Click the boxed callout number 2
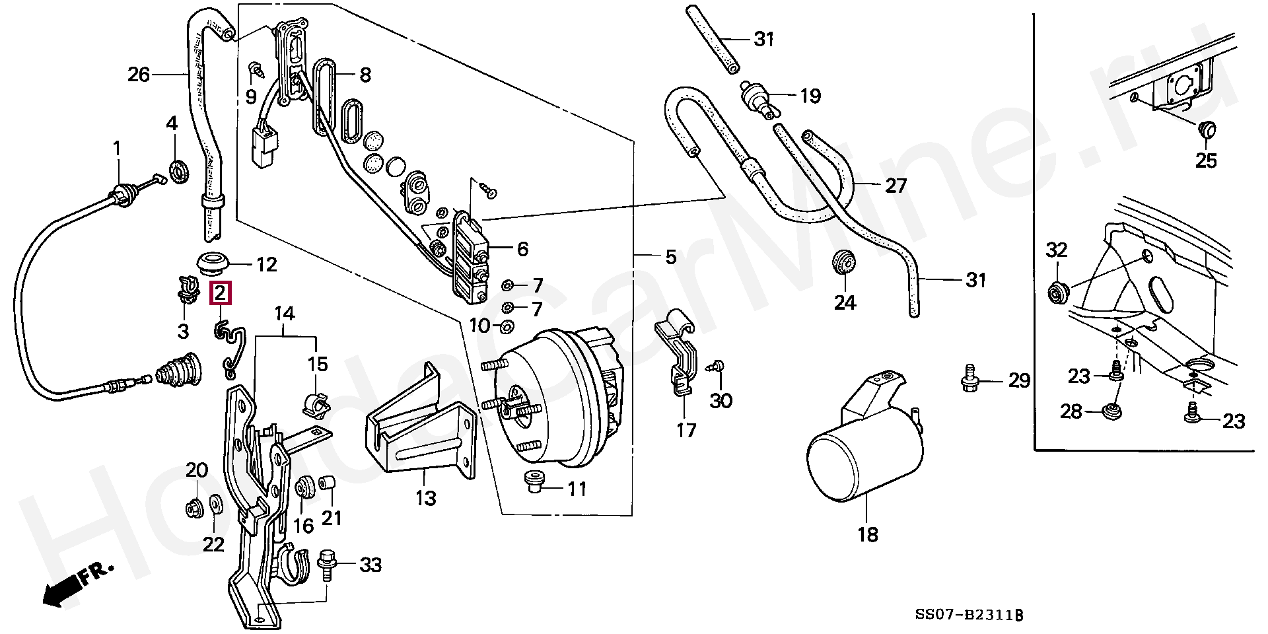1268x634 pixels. pyautogui.click(x=220, y=293)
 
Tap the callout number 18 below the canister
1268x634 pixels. pyautogui.click(x=868, y=534)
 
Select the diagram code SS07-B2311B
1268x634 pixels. pyautogui.click(x=968, y=616)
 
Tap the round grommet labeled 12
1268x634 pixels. pyautogui.click(x=213, y=263)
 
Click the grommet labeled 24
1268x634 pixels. pyautogui.click(x=843, y=263)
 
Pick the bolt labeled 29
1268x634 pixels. pyautogui.click(x=969, y=378)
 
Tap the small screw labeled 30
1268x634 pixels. pyautogui.click(x=716, y=367)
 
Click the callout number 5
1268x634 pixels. pyautogui.click(x=671, y=256)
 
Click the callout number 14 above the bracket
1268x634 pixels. pyautogui.click(x=285, y=313)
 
